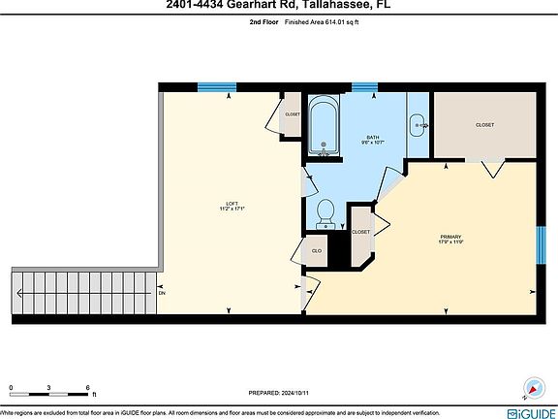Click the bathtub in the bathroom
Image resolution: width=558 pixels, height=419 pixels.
click(x=324, y=129)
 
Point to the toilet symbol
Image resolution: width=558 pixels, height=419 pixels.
click(x=326, y=211)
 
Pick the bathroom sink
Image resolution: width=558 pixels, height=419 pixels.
click(x=418, y=123)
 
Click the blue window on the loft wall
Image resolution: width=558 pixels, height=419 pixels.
click(x=217, y=87)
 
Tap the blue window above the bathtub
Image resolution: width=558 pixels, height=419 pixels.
click(x=364, y=88)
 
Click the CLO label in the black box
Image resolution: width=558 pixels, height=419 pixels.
click(x=316, y=251)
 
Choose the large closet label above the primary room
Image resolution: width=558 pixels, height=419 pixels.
click(x=484, y=125)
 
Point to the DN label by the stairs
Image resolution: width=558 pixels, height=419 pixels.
click(x=162, y=292)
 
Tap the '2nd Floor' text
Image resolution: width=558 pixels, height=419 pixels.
click(x=263, y=32)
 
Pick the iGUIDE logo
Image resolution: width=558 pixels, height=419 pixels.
click(x=525, y=398)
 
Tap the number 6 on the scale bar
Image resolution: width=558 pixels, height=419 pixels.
click(x=88, y=388)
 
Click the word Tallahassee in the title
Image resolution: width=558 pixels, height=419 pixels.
click(x=336, y=5)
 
